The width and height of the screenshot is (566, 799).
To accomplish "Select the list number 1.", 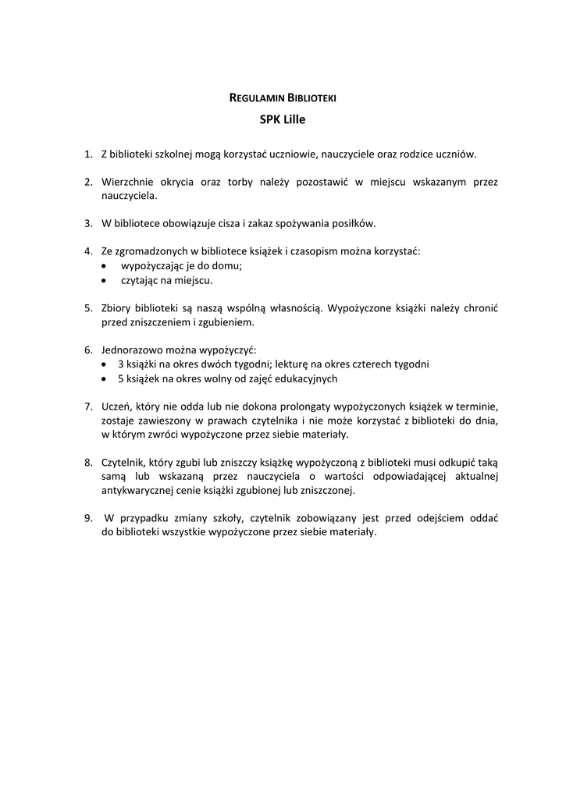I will tap(88, 154).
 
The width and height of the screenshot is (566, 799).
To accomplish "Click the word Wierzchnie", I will tap(126, 182).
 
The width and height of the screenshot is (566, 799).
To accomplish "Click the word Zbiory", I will tap(117, 308).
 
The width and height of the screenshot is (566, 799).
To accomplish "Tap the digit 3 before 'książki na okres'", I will tap(121, 364).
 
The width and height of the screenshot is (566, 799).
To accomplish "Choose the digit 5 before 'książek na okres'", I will tap(121, 378).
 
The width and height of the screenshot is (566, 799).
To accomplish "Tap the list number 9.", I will tap(88, 519).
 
